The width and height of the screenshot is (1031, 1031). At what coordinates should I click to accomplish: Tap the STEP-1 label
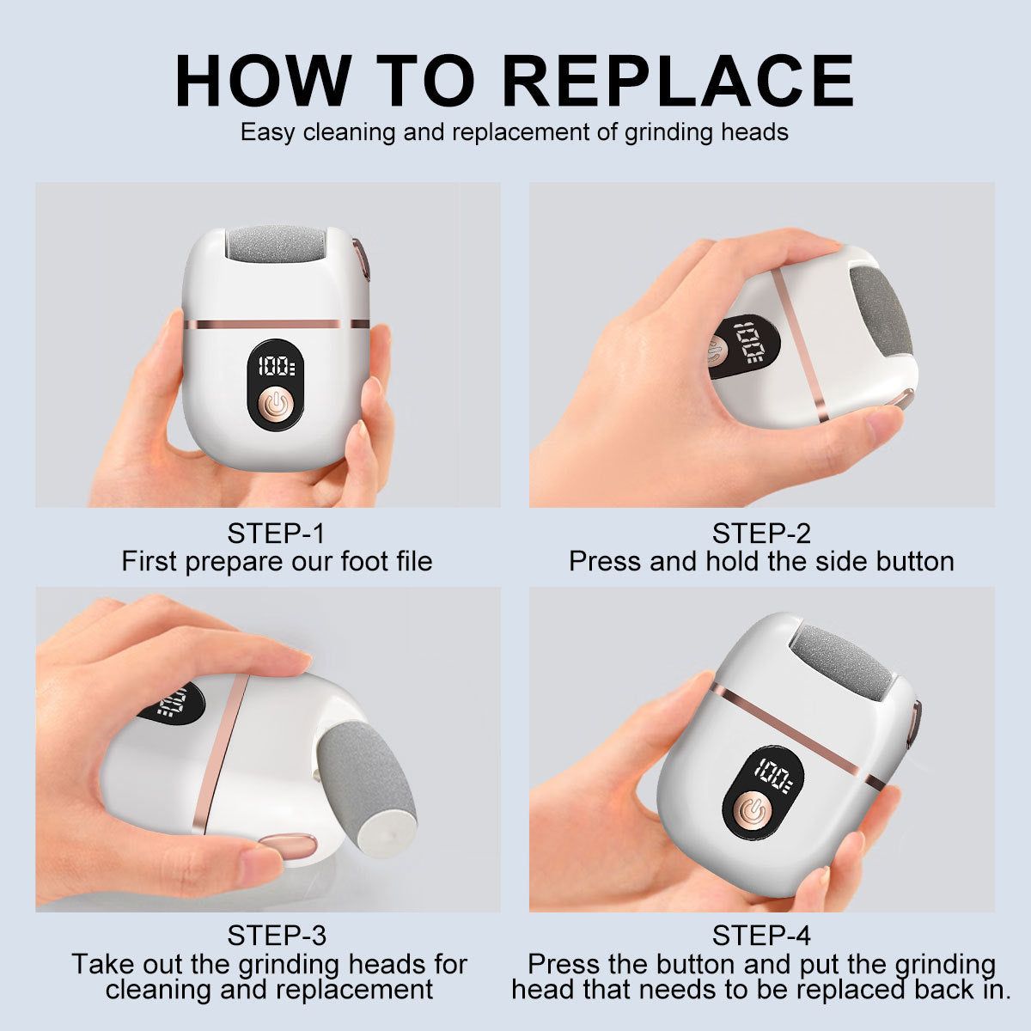coord(276,534)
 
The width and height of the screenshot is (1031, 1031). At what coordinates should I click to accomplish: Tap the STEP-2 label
coord(760,534)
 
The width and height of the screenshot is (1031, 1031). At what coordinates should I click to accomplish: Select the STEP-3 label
coord(276,935)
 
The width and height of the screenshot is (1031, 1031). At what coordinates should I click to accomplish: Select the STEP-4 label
coord(760,935)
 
